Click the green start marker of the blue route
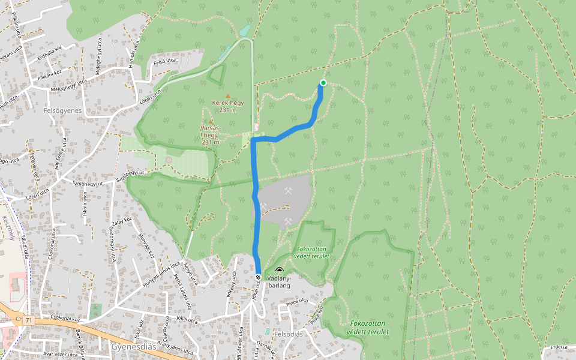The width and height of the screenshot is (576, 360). (323, 83)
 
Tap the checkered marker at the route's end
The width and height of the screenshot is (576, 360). (258, 277)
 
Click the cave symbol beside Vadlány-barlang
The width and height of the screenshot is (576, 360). (279, 271)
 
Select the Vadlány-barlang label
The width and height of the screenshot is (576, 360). (279, 282)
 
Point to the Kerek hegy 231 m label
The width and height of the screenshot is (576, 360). (228, 106)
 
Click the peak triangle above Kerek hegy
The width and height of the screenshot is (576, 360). (227, 96)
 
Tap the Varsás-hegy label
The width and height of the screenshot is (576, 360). (211, 135)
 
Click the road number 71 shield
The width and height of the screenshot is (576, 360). (29, 321)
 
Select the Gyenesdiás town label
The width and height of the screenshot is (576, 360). (133, 347)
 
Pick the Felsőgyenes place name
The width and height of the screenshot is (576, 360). (62, 111)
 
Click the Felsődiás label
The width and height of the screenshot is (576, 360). (289, 334)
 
